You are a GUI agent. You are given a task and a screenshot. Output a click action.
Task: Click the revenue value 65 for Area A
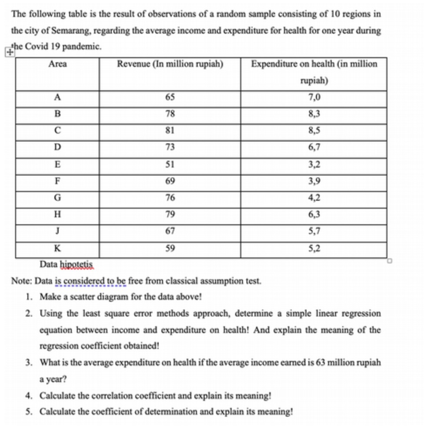pyautogui.click(x=170, y=98)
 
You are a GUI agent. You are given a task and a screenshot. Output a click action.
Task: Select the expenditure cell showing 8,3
pyautogui.click(x=314, y=114)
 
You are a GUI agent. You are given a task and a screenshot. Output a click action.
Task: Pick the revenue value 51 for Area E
pyautogui.click(x=170, y=164)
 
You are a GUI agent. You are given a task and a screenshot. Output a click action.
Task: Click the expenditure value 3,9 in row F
pyautogui.click(x=314, y=181)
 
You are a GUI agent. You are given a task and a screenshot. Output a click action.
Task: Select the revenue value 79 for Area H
pyautogui.click(x=170, y=215)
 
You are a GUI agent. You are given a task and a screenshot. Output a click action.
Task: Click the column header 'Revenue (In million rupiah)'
pyautogui.click(x=170, y=64)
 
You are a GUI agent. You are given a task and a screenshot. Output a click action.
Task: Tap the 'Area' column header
pyautogui.click(x=57, y=64)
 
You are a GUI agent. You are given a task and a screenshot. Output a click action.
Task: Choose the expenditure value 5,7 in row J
pyautogui.click(x=314, y=232)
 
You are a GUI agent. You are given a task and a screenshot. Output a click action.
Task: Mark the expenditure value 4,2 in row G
pyautogui.click(x=314, y=198)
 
